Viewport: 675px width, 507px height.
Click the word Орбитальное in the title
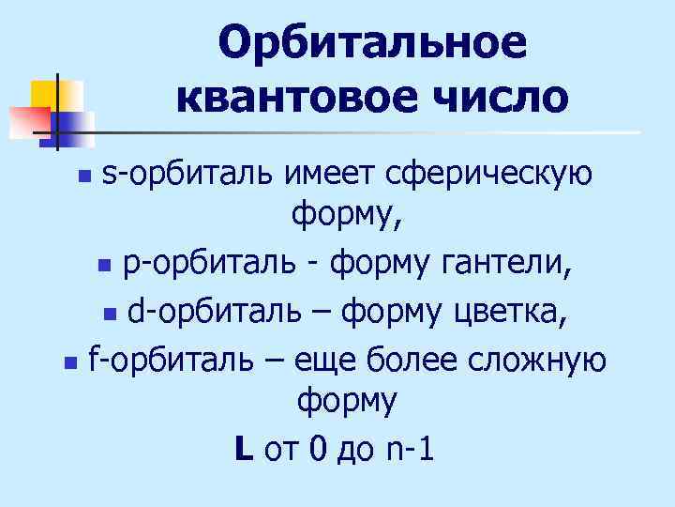point(372,42)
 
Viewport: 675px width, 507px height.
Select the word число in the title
point(500,97)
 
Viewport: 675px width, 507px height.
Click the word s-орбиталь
point(187,174)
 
